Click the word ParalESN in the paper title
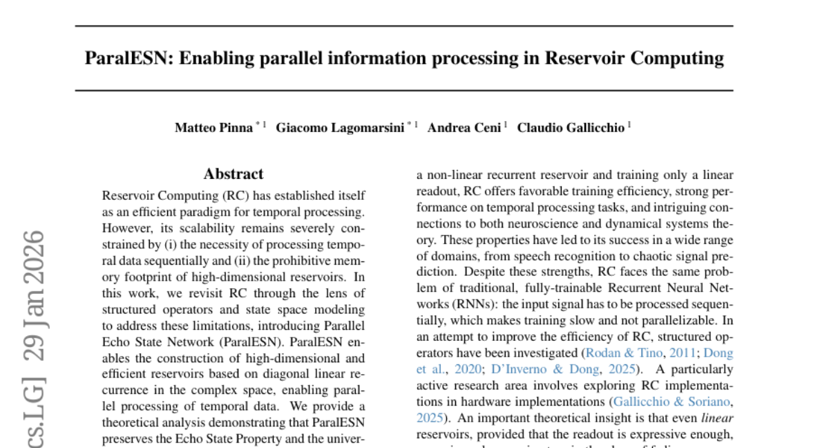128,58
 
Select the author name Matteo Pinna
213,128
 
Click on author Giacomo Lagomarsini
340,128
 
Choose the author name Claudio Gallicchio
571,128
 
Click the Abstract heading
234,174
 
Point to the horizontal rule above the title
404,26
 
